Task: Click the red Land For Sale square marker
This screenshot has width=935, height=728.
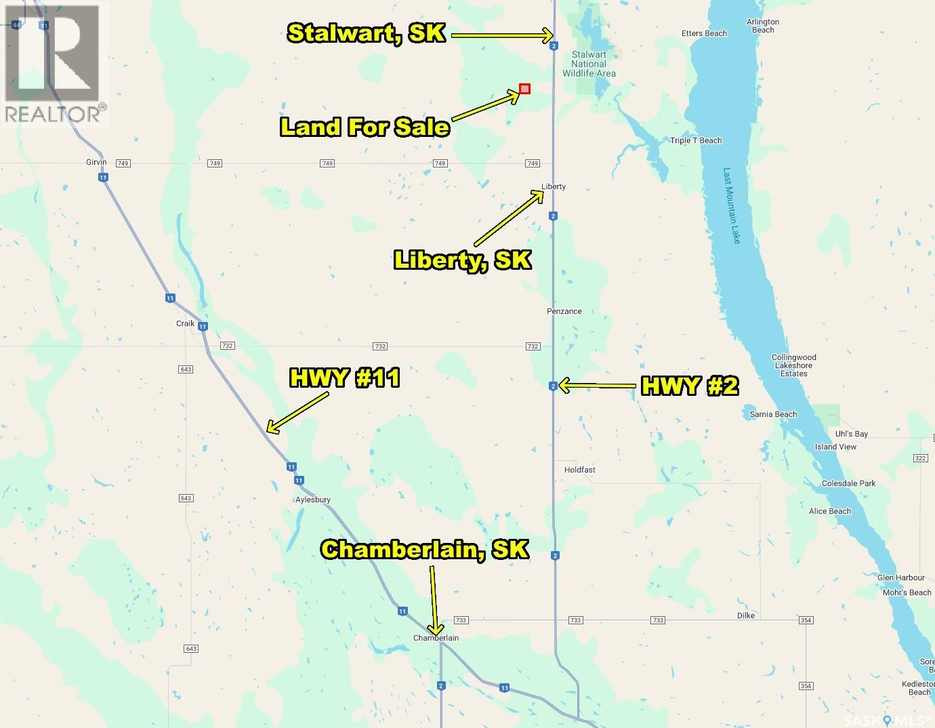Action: pos(524,89)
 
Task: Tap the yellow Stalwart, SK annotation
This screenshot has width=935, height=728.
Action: pos(367,33)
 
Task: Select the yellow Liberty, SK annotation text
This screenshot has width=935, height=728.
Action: pos(462,260)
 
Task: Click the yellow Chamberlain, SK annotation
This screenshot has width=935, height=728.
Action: pos(425,549)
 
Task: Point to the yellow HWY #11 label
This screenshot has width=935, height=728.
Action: pos(344,378)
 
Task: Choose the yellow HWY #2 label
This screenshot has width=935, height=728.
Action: pos(689,386)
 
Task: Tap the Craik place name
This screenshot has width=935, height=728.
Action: pos(185,323)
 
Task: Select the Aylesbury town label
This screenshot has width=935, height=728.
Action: pos(313,500)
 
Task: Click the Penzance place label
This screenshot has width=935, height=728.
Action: pos(564,311)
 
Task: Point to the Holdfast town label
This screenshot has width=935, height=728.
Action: pos(579,470)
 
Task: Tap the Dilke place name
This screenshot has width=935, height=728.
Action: pos(745,615)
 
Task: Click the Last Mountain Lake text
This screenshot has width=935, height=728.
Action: pos(731,205)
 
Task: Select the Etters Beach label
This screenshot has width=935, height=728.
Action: pos(704,33)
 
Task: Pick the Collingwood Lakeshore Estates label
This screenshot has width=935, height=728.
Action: pos(793,365)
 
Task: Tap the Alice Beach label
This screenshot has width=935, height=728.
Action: pos(829,511)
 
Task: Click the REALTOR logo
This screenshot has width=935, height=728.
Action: pos(55,65)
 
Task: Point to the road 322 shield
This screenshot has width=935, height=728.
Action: pos(919,458)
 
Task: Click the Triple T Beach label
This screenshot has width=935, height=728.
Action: pos(695,140)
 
